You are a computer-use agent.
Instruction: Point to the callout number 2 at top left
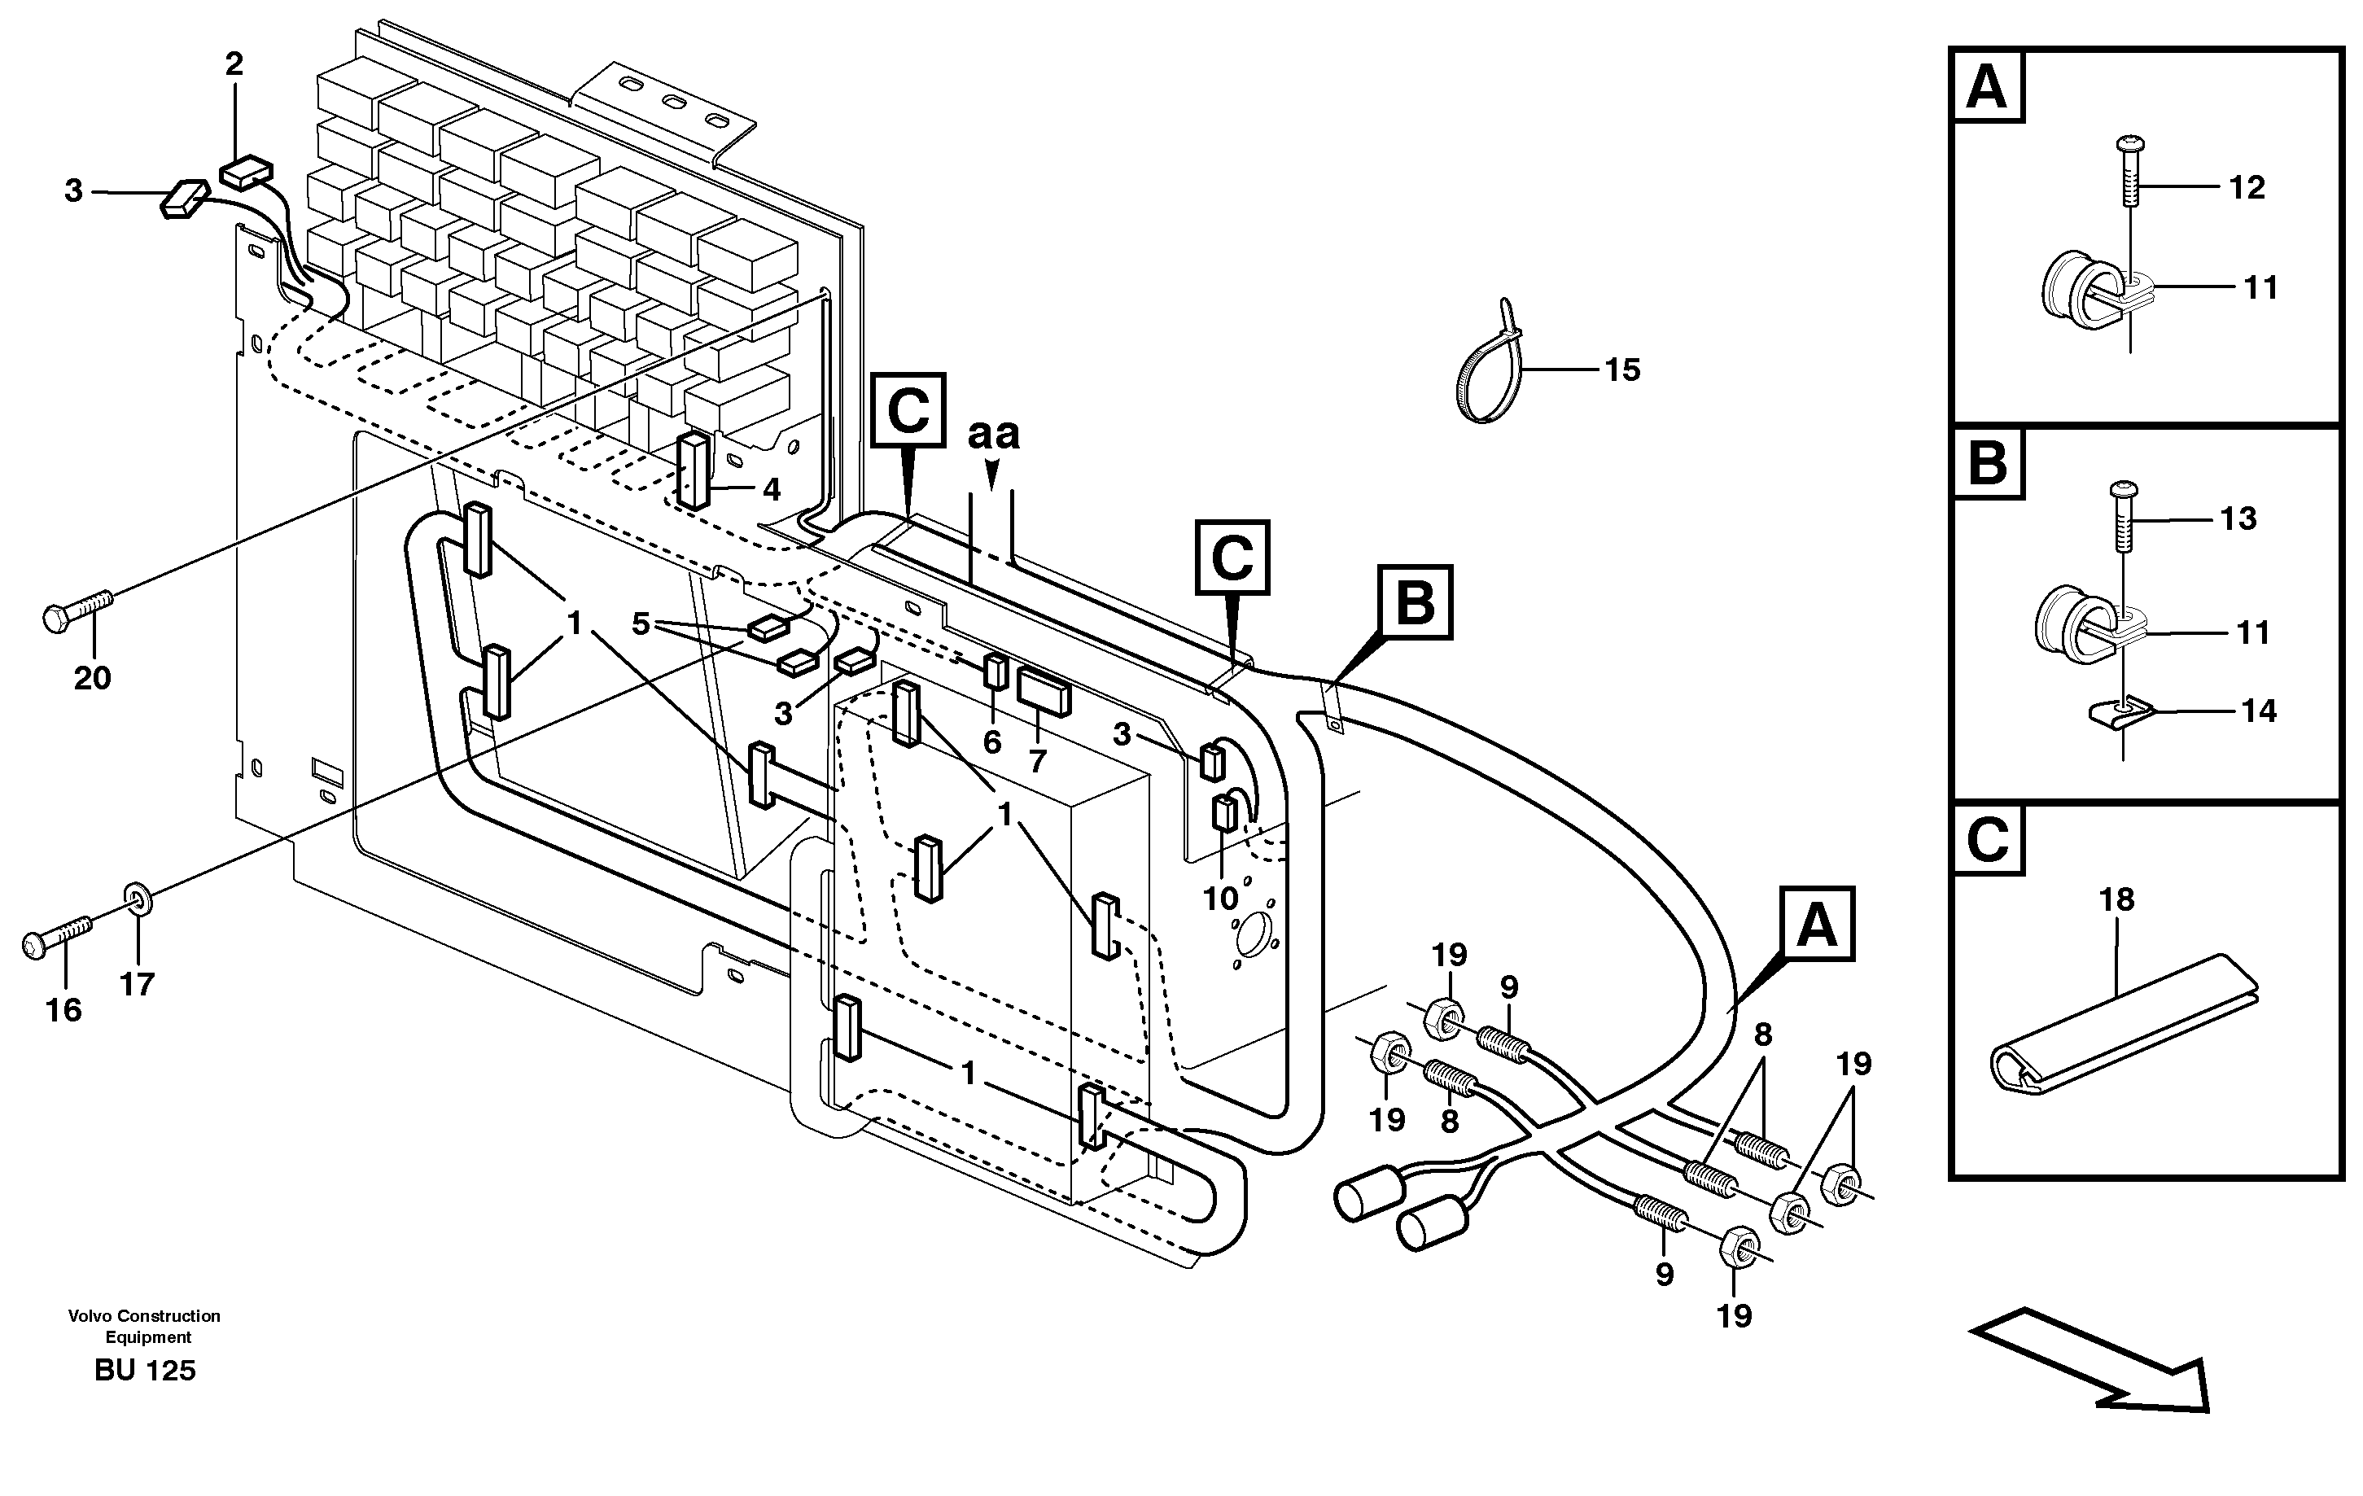[234, 65]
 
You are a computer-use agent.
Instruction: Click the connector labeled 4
[694, 471]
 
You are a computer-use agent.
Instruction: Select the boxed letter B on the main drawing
[1414, 602]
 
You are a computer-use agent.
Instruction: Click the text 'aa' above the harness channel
[993, 434]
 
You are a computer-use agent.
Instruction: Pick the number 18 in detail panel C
[2116, 899]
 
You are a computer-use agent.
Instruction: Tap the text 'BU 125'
[145, 1371]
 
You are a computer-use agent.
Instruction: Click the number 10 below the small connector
[1221, 899]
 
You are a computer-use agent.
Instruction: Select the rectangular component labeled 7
[1044, 693]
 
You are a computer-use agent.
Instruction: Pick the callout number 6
[992, 742]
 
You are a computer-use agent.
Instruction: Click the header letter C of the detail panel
[1988, 841]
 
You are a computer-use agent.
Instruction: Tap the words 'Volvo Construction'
[144, 1315]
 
